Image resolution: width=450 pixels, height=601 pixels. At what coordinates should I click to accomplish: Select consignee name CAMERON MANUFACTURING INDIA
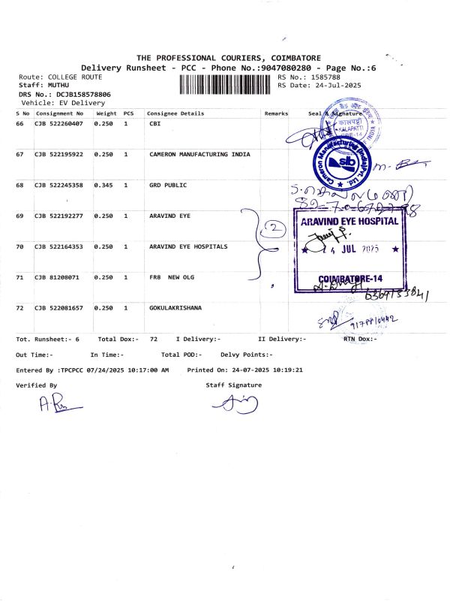pyautogui.click(x=200, y=154)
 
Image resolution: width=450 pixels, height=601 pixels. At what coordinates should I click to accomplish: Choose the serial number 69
pyautogui.click(x=20, y=216)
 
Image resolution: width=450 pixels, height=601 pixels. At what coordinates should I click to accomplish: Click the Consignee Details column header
pyautogui.click(x=175, y=113)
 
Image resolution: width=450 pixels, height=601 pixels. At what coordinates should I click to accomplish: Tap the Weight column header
pyautogui.click(x=106, y=113)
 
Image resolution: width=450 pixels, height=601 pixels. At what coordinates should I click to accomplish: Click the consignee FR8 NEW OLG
pyautogui.click(x=172, y=277)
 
